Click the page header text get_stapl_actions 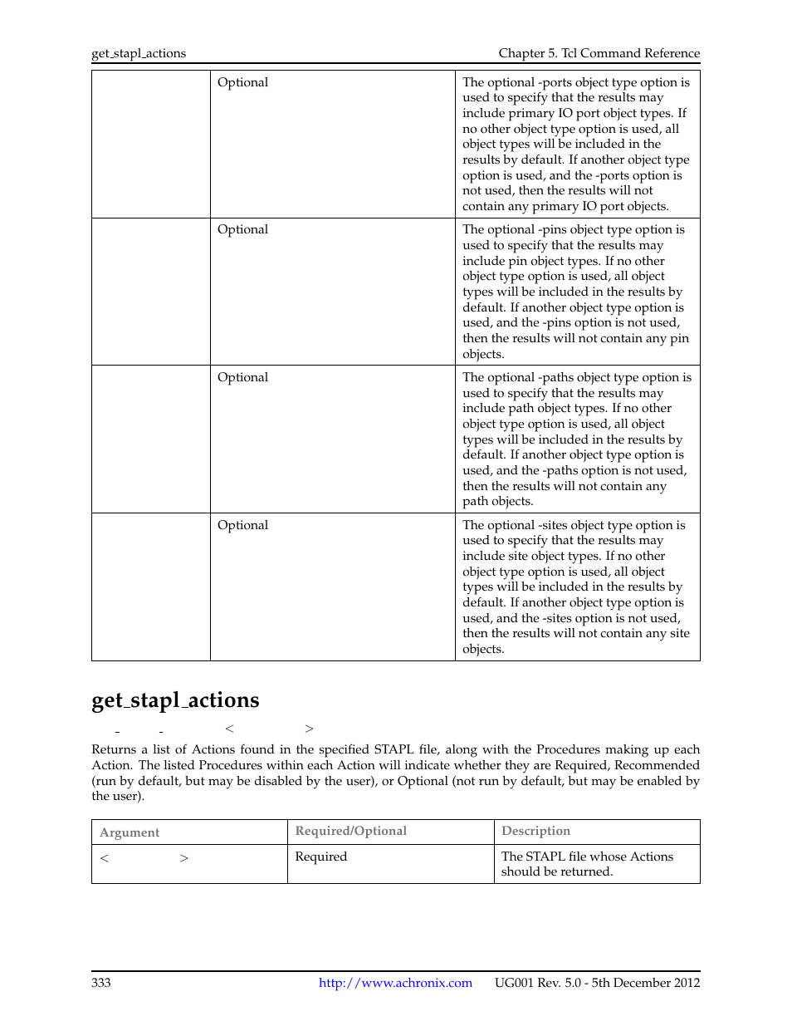139,54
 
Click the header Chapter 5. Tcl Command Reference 599,54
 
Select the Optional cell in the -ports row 242,82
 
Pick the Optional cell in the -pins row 242,229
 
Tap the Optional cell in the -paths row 242,377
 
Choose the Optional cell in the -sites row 242,525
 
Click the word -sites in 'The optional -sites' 555,525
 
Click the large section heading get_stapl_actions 175,700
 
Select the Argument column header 130,832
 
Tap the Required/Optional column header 350,831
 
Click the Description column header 535,831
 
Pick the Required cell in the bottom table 320,857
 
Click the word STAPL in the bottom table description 545,857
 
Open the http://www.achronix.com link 395,983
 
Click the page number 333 100,983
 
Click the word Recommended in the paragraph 657,765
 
